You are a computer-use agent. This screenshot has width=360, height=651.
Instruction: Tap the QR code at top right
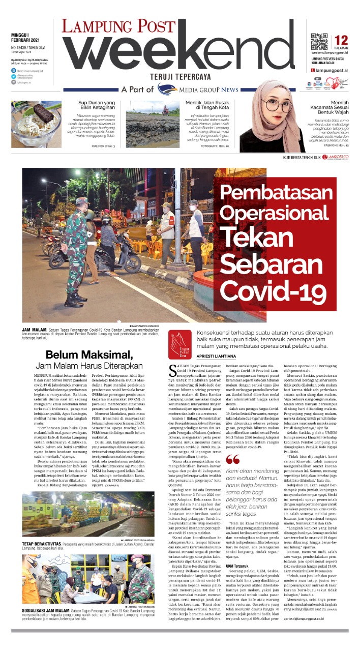319,40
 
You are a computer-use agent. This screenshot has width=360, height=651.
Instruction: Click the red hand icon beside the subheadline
180,337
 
